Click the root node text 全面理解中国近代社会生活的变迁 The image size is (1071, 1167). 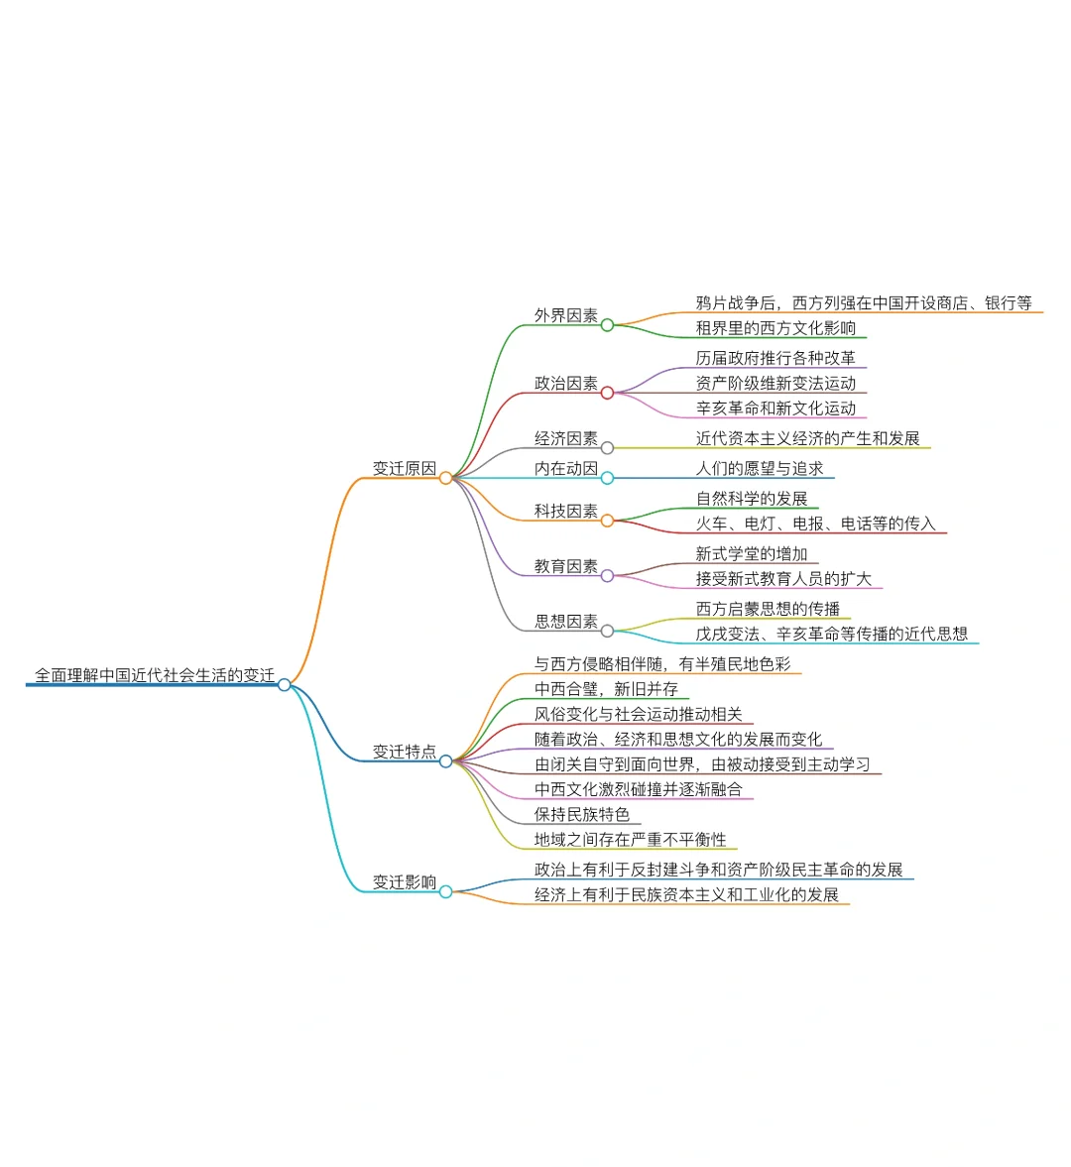pos(155,675)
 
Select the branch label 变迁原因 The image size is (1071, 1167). pos(404,469)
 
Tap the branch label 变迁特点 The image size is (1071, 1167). pos(404,753)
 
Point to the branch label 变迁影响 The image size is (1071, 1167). pos(404,882)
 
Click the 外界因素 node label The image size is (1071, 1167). pos(566,316)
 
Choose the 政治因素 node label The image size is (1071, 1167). pos(566,384)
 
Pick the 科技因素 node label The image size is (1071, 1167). pos(566,512)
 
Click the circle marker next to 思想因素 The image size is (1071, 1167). pos(608,631)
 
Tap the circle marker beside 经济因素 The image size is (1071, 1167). pos(608,448)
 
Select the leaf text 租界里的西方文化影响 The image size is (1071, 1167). pos(775,328)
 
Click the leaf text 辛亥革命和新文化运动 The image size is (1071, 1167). pos(775,408)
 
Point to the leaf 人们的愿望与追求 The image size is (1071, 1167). pos(760,469)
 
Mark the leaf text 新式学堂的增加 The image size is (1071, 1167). pos(752,554)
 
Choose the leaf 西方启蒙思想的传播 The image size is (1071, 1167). pos(768,609)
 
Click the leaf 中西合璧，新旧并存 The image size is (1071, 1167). pos(606,689)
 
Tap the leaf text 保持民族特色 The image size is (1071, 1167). pos(582,815)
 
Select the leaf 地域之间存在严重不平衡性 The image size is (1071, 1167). pos(630,840)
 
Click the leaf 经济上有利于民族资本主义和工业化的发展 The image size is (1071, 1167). pos(686,895)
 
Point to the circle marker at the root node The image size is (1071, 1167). pos(285,684)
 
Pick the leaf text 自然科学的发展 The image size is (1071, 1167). pos(752,499)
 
